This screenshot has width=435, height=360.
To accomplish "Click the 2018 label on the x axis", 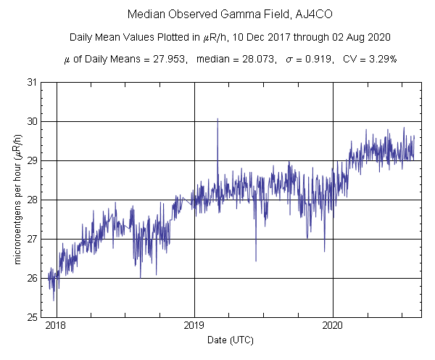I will (57, 327).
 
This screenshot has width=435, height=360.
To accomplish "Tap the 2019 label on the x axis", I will (194, 327).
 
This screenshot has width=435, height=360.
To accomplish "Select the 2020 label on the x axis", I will (333, 327).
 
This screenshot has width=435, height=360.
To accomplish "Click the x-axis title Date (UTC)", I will (231, 340).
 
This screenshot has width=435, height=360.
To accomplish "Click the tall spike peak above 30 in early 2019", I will (217, 119).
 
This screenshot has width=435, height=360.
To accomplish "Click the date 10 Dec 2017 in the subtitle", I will (279, 37).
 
